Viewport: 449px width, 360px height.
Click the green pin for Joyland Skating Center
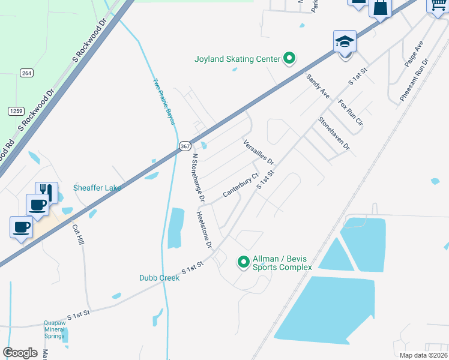point(289,58)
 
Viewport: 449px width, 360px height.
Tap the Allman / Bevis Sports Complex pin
point(243,262)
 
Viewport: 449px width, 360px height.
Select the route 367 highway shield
point(185,146)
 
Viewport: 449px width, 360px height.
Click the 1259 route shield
point(16,111)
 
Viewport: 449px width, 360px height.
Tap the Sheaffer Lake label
point(97,188)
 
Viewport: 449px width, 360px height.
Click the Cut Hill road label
point(78,234)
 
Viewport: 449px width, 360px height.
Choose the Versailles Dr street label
point(259,153)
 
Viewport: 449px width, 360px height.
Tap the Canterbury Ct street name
point(240,185)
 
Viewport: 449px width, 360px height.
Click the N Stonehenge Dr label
point(199,178)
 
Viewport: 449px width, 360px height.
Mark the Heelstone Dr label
point(204,230)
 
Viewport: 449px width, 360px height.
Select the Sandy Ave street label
point(318,86)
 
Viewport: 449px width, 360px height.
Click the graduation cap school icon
point(345,42)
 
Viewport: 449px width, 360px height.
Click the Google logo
point(20,352)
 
